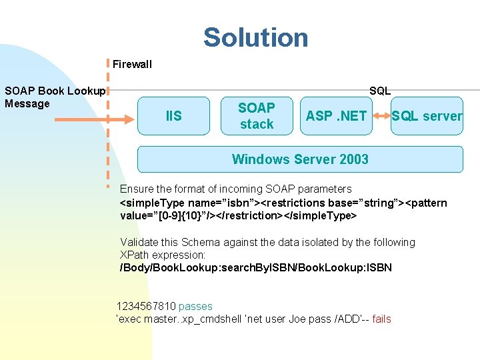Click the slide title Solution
click(256, 37)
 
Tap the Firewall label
click(132, 65)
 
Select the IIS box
click(173, 116)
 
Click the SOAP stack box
click(257, 116)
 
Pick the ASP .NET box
click(336, 116)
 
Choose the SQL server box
click(427, 116)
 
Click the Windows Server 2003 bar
click(300, 159)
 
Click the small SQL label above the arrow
click(380, 91)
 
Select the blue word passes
click(195, 307)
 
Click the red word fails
click(382, 319)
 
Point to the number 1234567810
click(146, 307)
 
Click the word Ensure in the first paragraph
click(136, 189)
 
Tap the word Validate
click(139, 243)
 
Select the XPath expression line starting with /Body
click(255, 268)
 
